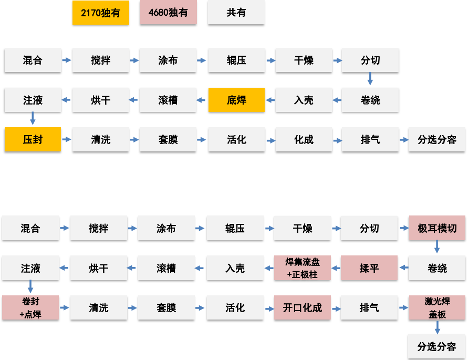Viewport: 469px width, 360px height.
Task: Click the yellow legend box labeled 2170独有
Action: (x=100, y=13)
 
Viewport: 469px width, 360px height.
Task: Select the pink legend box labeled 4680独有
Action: (x=168, y=13)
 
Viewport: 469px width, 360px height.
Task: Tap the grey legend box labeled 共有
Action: (x=236, y=13)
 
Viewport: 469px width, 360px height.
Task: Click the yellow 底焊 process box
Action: (x=236, y=100)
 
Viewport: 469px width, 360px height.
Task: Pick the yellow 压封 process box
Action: (x=33, y=140)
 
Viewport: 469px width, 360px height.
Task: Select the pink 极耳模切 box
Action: (x=437, y=229)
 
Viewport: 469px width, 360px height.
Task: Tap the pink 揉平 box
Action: (x=369, y=269)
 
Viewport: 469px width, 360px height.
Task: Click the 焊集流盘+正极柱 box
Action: (x=302, y=269)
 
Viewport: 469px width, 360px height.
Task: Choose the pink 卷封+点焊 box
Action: (x=30, y=308)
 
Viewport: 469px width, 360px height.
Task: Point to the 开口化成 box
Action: (x=302, y=308)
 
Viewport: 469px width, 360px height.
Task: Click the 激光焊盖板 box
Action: (x=437, y=308)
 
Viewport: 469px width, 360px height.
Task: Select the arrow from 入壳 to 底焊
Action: (x=269, y=100)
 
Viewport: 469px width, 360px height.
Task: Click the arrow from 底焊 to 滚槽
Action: (x=201, y=100)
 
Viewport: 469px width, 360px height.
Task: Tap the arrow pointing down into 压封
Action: (x=33, y=118)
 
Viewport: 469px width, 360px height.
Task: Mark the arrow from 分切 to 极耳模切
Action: (x=404, y=229)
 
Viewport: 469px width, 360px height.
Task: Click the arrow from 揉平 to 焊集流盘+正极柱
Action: (x=336, y=269)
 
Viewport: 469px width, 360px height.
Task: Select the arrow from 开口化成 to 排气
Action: (x=336, y=308)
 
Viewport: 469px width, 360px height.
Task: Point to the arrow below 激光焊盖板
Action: (x=437, y=328)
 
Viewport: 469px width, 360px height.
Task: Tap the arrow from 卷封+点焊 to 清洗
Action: (x=64, y=308)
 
